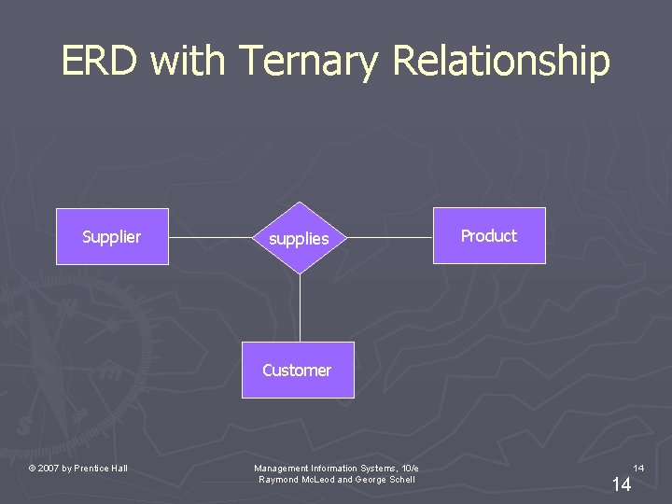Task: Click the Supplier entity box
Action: [x=112, y=237]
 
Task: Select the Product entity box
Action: [x=489, y=236]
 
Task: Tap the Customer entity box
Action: [x=298, y=371]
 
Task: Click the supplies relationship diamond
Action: [x=299, y=239]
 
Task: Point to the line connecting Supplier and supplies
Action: [x=211, y=237]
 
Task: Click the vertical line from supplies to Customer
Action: [x=300, y=308]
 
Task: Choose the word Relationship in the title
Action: [x=502, y=62]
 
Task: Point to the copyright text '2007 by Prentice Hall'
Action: [x=82, y=469]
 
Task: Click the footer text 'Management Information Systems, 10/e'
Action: [x=336, y=468]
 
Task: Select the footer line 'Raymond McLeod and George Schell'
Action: [x=336, y=480]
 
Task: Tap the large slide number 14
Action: [x=621, y=483]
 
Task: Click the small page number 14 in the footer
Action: [x=638, y=467]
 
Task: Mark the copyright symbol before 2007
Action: [x=32, y=469]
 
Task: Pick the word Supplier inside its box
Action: [x=112, y=237]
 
